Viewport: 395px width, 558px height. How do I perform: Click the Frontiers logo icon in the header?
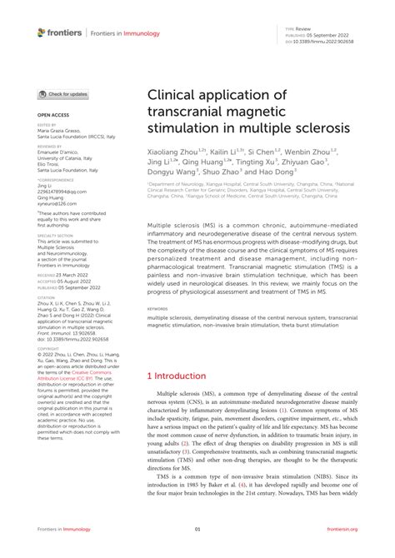(42, 32)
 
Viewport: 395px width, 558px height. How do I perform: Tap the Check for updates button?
(63, 94)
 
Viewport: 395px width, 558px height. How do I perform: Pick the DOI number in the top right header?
(322, 39)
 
